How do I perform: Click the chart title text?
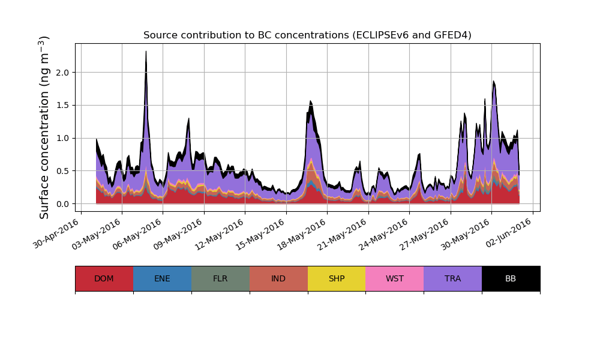[307, 35]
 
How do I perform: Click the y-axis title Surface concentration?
[44, 127]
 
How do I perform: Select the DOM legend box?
[104, 278]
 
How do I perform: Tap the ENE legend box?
[162, 278]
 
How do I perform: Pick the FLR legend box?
[220, 278]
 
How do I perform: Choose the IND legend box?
[278, 278]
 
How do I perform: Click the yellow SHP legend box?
[337, 278]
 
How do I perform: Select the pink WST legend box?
[395, 278]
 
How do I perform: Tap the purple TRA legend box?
[453, 278]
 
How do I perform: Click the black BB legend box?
[511, 278]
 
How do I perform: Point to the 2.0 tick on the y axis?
[62, 73]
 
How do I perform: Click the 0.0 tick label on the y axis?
[62, 204]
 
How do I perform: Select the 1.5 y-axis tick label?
[62, 106]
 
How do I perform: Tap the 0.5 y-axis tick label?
[62, 171]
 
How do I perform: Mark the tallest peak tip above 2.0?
[146, 52]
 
